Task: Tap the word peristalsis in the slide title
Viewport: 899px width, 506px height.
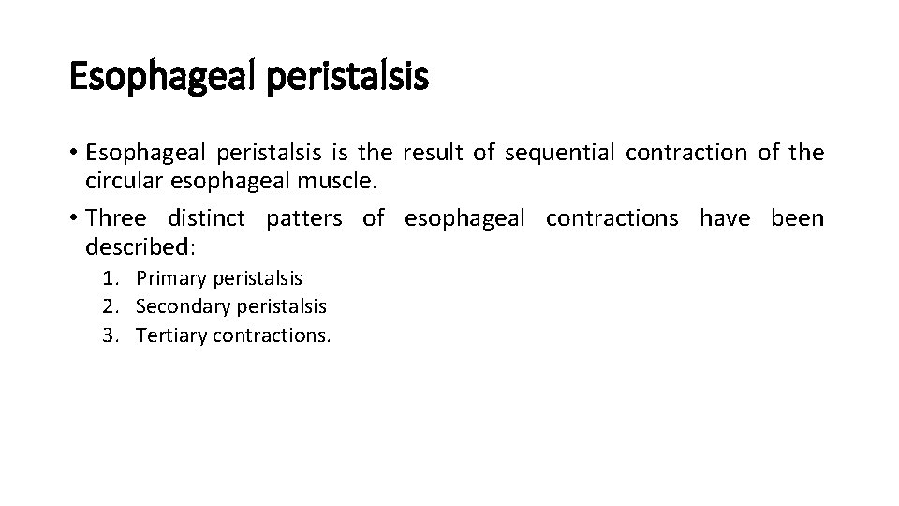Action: click(x=347, y=77)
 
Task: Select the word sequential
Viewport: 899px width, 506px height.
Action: click(x=559, y=152)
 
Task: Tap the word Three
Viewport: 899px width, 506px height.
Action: click(x=115, y=219)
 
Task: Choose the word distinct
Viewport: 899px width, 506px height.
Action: click(x=206, y=219)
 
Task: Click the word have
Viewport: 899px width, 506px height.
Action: click(x=724, y=219)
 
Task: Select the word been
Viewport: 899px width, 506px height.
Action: click(x=797, y=219)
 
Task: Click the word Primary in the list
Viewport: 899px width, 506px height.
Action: click(x=171, y=278)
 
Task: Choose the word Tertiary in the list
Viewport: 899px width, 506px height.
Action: click(x=171, y=335)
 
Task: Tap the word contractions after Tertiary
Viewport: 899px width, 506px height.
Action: click(x=272, y=335)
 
